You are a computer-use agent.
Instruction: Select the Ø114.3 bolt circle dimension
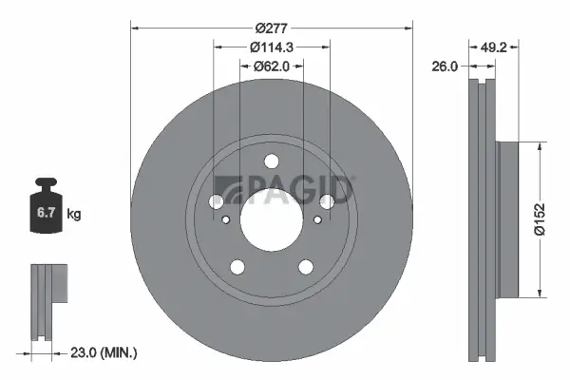(271, 47)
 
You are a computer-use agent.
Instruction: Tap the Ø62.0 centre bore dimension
(271, 66)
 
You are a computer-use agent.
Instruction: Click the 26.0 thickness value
(445, 66)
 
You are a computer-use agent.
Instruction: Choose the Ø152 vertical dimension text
(538, 218)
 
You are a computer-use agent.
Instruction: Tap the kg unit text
(74, 215)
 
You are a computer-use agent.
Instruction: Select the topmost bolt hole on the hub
(272, 161)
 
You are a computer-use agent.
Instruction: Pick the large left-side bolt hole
(217, 201)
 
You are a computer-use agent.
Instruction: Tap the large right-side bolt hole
(327, 201)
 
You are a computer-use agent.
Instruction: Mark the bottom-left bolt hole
(237, 266)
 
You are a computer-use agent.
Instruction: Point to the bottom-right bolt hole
(306, 266)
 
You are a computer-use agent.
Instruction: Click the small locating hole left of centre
(226, 220)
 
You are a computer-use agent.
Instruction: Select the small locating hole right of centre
(317, 220)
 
